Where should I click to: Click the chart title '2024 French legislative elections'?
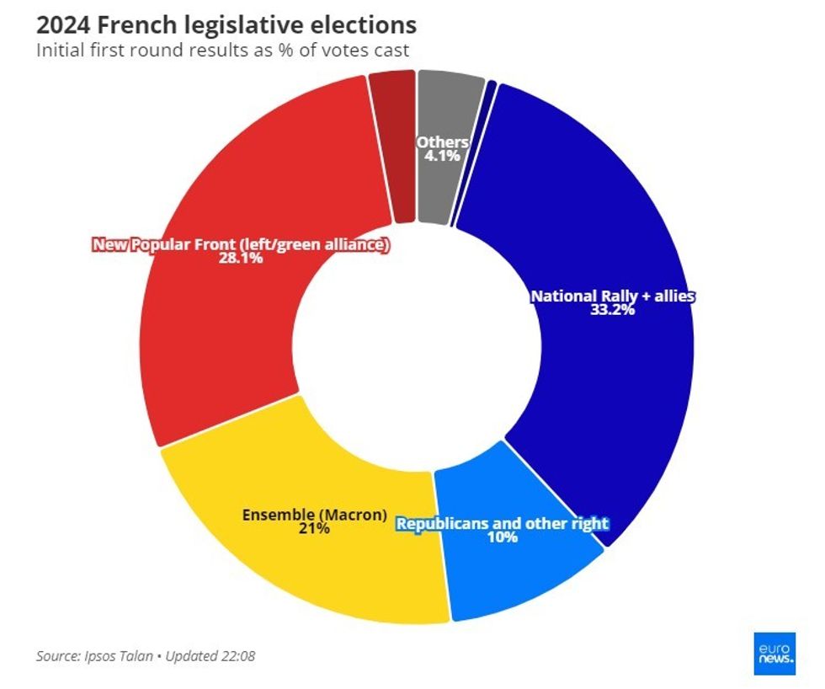click(x=226, y=24)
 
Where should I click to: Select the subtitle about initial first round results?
click(x=222, y=50)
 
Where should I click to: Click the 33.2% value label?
click(x=612, y=310)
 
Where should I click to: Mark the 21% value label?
click(x=314, y=529)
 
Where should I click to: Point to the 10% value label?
click(x=502, y=537)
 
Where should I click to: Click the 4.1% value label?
click(x=442, y=157)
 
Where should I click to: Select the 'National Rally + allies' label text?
click(x=612, y=296)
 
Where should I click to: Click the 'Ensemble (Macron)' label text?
click(x=314, y=514)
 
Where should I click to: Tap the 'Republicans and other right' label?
click(x=502, y=523)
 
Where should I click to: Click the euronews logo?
click(x=774, y=653)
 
